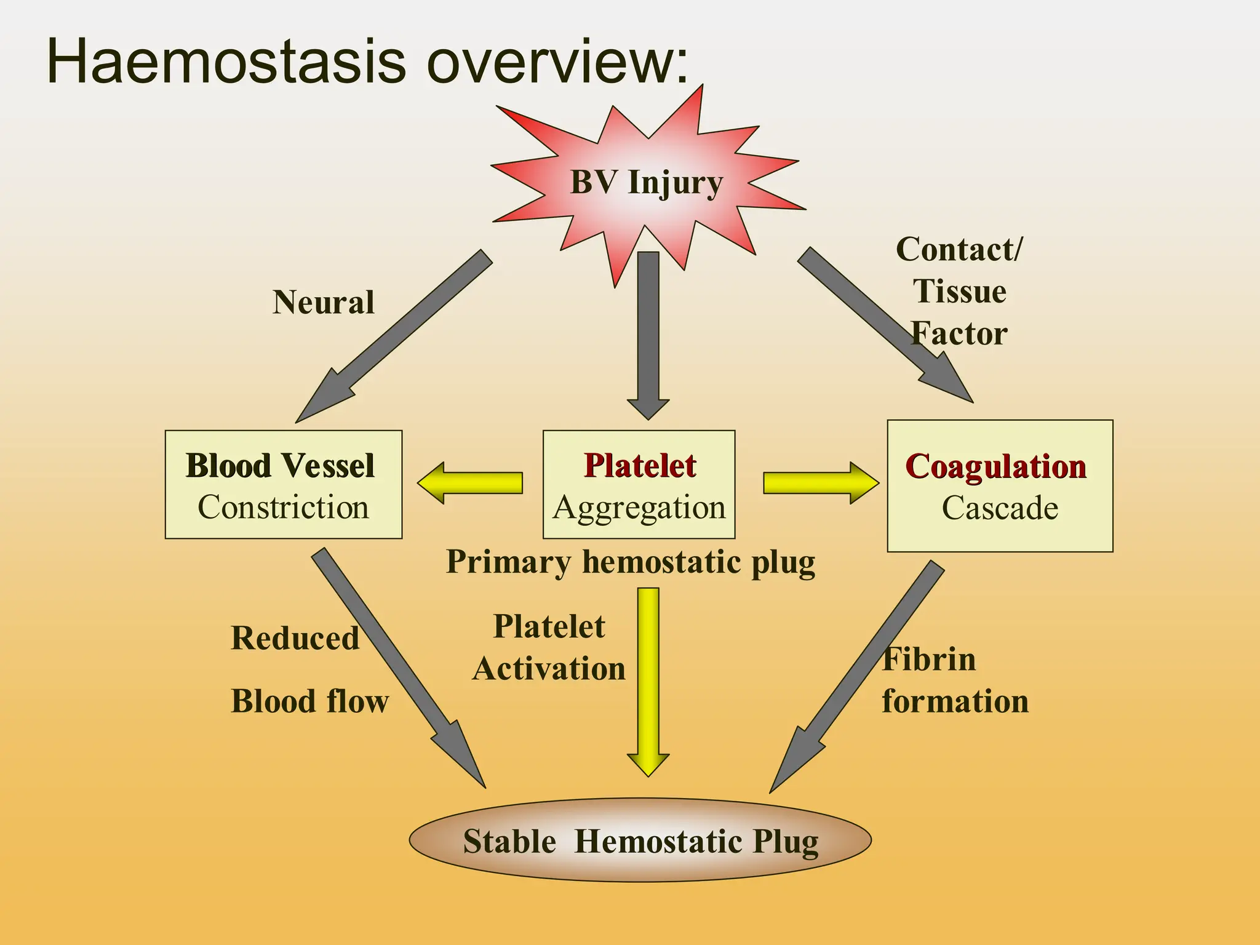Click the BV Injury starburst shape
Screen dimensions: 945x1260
[x=646, y=185]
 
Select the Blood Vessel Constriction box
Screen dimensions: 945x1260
[x=283, y=485]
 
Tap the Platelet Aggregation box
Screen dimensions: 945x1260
[x=639, y=485]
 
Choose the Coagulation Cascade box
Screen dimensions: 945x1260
[x=999, y=486]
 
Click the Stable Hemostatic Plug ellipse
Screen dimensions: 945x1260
[x=640, y=840]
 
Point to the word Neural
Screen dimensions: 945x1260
[x=323, y=303]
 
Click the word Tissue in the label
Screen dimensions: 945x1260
[x=959, y=292]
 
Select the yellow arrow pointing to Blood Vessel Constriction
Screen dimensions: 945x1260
[x=471, y=483]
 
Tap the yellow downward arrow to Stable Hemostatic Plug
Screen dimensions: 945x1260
[x=648, y=677]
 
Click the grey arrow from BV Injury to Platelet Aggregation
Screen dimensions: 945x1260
[x=648, y=332]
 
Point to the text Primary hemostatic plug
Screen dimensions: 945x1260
[x=630, y=562]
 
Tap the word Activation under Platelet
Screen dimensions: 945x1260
[x=549, y=669]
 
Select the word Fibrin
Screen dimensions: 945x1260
[x=928, y=660]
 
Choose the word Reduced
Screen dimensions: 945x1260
[x=295, y=638]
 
